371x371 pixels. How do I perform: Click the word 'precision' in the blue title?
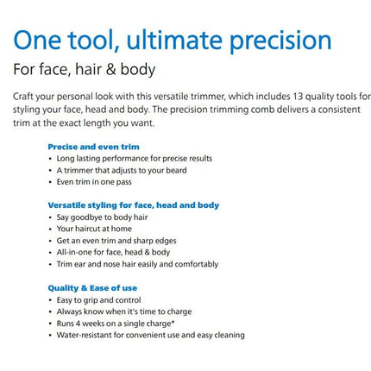tap(280, 41)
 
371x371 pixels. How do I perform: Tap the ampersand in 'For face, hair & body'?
tap(110, 70)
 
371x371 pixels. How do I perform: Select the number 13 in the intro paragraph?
tap(298, 97)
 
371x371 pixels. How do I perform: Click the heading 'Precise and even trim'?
tap(93, 147)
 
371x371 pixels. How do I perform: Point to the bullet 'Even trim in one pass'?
tap(94, 182)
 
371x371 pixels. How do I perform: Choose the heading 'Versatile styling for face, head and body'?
tap(134, 205)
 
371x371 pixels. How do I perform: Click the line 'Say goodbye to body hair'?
tap(102, 217)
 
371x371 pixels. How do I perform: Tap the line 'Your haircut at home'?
tap(94, 229)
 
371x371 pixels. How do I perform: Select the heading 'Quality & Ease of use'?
tap(92, 288)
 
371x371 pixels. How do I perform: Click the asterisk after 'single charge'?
tap(173, 322)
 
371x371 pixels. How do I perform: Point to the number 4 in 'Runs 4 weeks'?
tap(78, 324)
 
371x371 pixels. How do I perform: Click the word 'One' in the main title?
tap(37, 41)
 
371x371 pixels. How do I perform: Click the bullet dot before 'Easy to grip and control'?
tap(50, 300)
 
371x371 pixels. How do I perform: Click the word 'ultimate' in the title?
tap(174, 41)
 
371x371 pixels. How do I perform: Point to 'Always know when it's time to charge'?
tap(124, 311)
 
